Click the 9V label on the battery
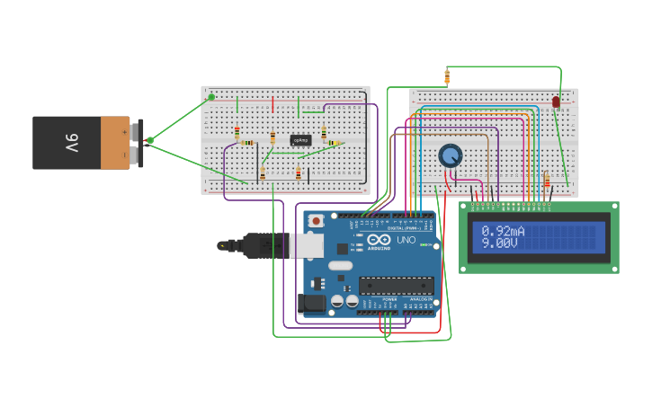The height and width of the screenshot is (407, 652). [71, 142]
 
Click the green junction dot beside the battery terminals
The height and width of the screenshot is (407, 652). [150, 139]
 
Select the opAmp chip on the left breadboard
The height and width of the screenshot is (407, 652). [300, 140]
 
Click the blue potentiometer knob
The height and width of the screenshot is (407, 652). [450, 156]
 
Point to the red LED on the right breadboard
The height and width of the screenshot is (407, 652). [555, 102]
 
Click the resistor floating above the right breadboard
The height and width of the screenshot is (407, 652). [447, 77]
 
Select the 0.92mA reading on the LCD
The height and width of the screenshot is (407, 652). [504, 231]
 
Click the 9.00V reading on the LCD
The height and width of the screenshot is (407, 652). [500, 243]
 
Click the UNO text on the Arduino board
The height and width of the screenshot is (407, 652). [406, 240]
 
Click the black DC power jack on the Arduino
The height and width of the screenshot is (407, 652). [312, 304]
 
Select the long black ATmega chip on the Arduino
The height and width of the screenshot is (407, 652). [396, 286]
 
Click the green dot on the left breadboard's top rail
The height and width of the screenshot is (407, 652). [211, 97]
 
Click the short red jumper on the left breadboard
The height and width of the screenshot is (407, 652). [272, 105]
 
